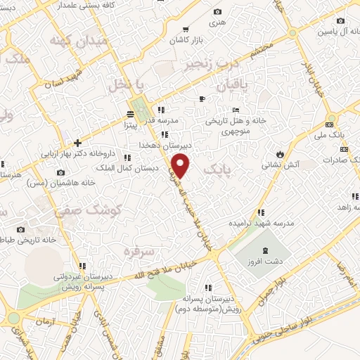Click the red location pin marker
[x=182, y=167]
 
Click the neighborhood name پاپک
[x=217, y=172]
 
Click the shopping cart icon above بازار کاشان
[x=185, y=29]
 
